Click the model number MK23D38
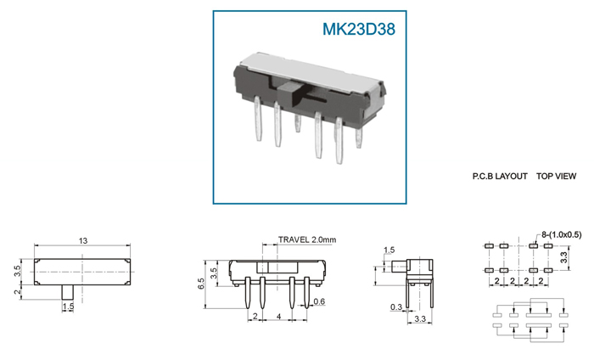coord(359,30)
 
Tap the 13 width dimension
coord(83,240)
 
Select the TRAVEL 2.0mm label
coord(307,239)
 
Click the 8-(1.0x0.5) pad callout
coord(562,234)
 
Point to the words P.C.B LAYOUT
coord(500,177)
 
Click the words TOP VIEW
coord(556,177)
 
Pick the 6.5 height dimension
coord(201,284)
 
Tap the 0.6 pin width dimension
coord(319,301)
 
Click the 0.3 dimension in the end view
coord(396,307)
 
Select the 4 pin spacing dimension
coord(279,316)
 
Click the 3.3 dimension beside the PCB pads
coord(564,257)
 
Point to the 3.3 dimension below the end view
coord(420,319)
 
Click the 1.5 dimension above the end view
coord(389,250)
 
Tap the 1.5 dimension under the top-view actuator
coord(68,307)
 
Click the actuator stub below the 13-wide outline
coord(68,292)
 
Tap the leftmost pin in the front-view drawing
coord(248,293)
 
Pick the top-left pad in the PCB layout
coord(488,246)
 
